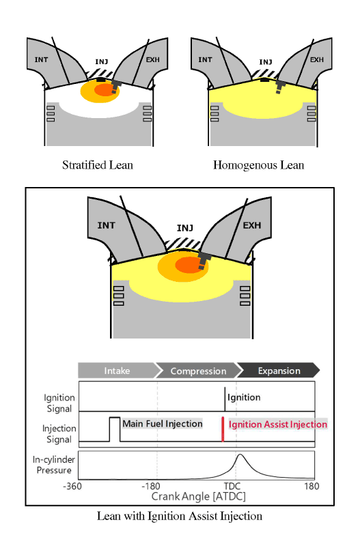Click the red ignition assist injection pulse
[223, 429]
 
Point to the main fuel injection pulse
[115, 429]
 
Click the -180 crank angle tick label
[150, 486]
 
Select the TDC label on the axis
[232, 486]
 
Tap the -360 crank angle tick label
[72, 486]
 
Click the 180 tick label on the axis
[311, 486]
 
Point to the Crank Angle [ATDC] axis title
[198, 497]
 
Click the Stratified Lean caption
[98, 165]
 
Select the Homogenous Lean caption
[259, 165]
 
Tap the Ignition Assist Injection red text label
[278, 425]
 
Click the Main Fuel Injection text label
[163, 424]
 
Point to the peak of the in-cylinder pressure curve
[240, 455]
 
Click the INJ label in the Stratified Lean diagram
[102, 61]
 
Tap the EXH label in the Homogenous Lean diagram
[317, 60]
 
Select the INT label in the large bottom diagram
[106, 226]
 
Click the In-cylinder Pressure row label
[54, 465]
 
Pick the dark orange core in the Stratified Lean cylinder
[106, 90]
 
